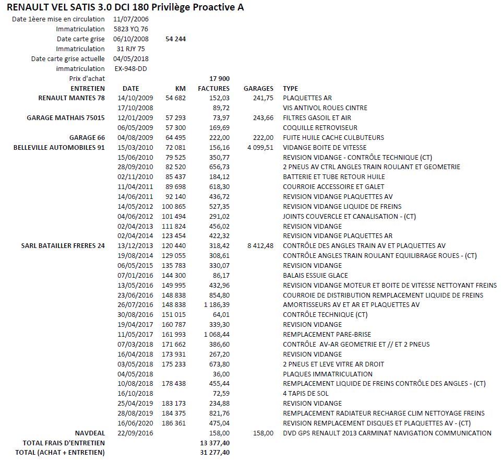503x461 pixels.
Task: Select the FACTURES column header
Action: (214, 88)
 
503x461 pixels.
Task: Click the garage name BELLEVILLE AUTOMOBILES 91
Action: (59, 147)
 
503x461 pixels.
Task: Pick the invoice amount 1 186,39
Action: (216, 304)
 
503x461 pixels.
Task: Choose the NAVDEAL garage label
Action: (90, 433)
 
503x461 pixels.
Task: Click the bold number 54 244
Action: (176, 39)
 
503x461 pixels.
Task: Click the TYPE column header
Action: (291, 88)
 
